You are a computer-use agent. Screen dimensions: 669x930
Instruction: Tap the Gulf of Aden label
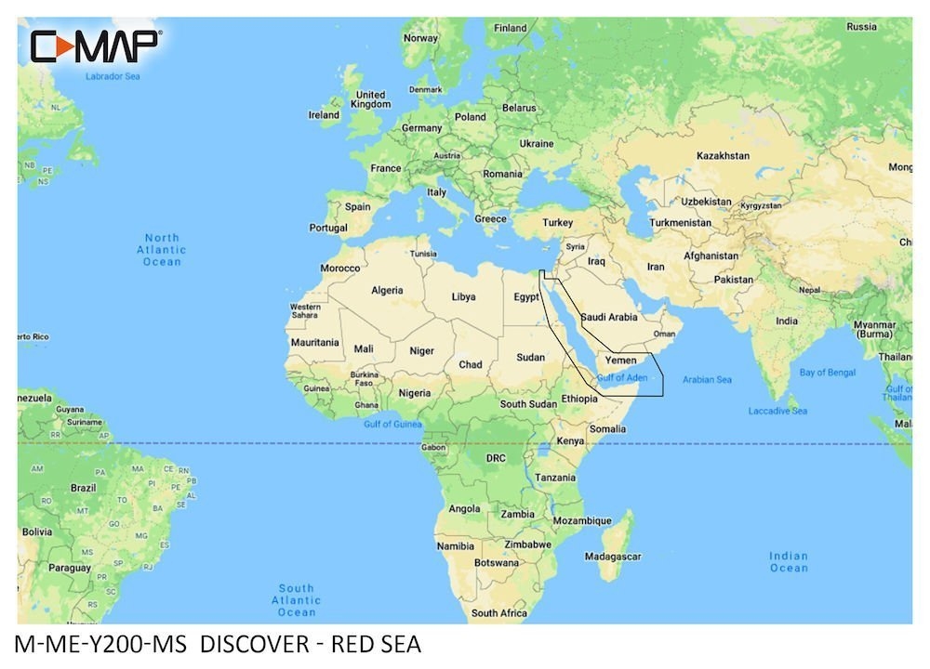(622, 378)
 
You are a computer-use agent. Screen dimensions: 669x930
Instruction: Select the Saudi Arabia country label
(609, 317)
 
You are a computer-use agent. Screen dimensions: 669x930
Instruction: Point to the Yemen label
(620, 360)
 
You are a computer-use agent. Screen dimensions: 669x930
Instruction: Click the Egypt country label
(527, 297)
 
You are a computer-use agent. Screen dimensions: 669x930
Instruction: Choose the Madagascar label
(613, 556)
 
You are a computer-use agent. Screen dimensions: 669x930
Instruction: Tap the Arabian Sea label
(707, 379)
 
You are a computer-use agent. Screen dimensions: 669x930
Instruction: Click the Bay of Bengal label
(827, 372)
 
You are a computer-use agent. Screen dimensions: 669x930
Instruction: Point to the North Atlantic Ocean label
(162, 250)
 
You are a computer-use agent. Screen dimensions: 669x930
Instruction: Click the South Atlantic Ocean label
(297, 600)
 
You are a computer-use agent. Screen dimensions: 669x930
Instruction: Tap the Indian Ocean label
(788, 561)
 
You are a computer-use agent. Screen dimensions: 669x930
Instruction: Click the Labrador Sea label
(112, 76)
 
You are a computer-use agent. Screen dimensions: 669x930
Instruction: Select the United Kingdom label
(370, 99)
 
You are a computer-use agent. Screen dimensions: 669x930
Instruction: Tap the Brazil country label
(84, 487)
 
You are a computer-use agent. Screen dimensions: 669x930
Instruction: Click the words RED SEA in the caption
(378, 644)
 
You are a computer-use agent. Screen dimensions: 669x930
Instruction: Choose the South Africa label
(498, 612)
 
